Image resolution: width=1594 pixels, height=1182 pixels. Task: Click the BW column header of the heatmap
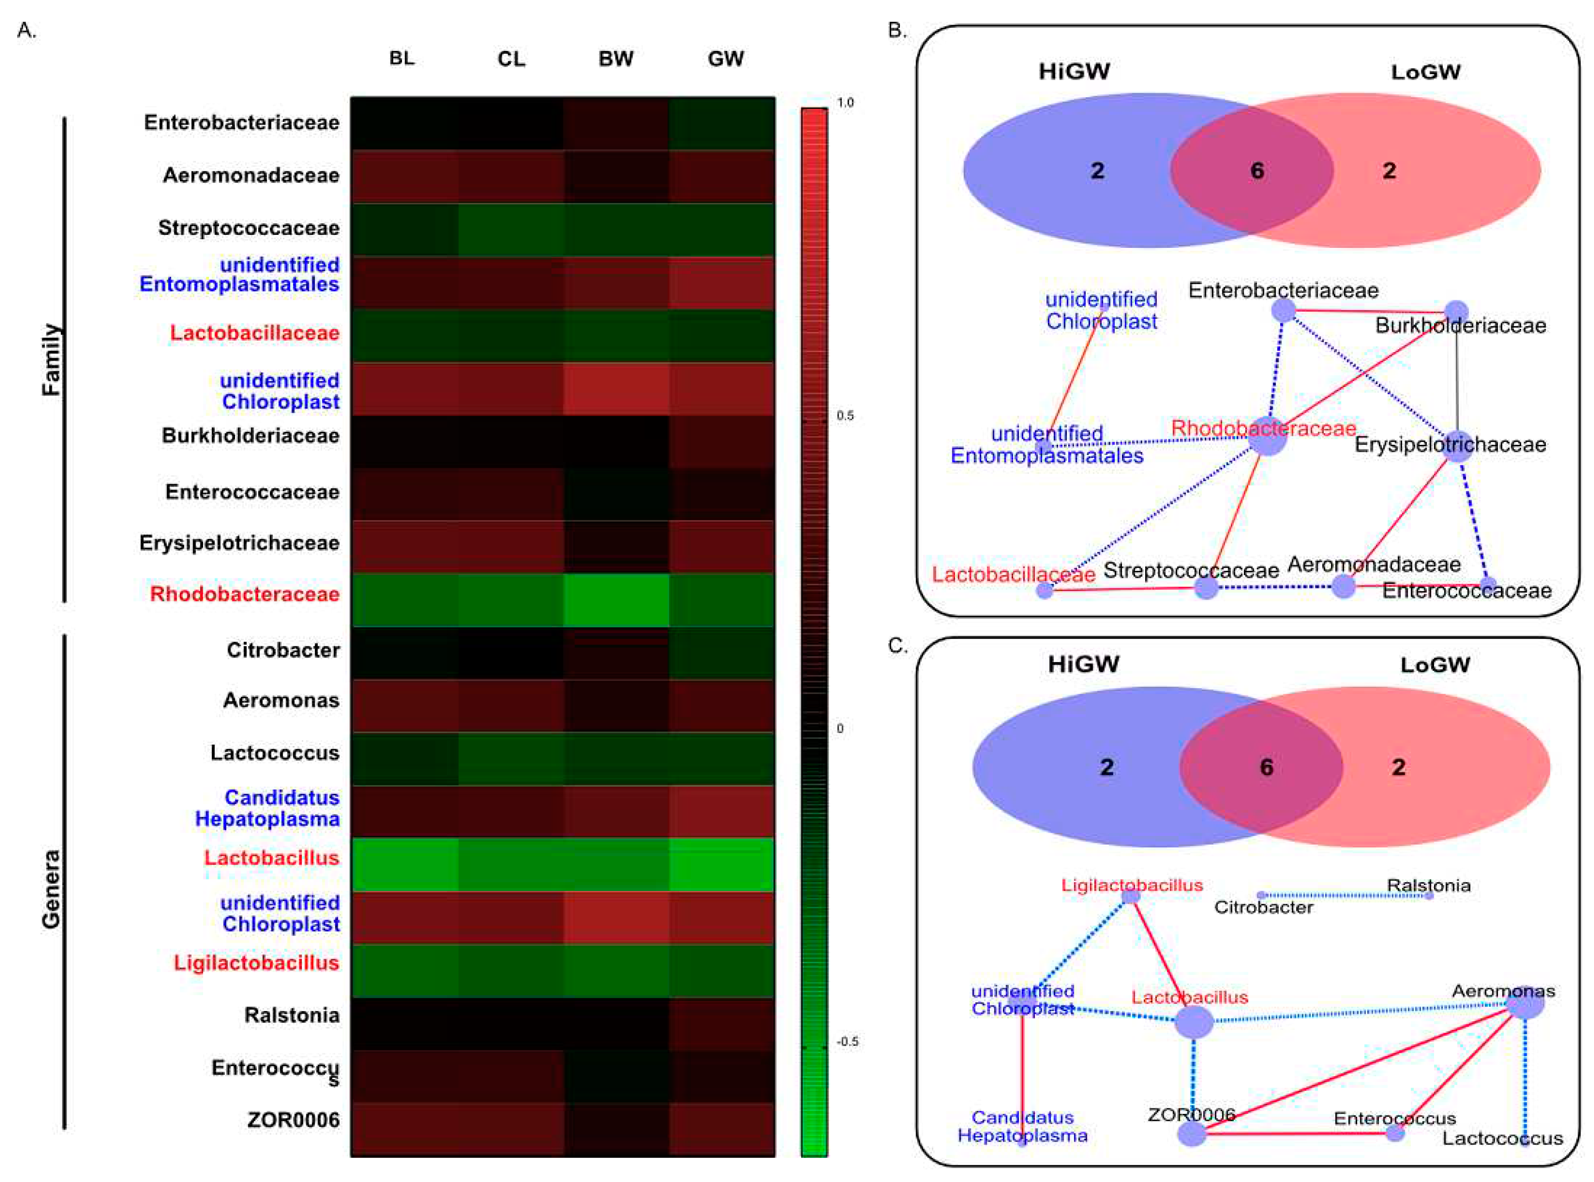[616, 59]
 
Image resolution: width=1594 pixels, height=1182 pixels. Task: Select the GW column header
[725, 59]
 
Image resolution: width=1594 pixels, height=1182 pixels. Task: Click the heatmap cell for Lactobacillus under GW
[721, 864]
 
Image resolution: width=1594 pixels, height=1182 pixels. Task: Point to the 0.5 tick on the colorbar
[845, 416]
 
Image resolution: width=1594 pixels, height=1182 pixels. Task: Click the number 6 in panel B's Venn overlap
[1257, 171]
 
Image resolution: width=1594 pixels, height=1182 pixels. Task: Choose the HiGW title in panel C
[1083, 664]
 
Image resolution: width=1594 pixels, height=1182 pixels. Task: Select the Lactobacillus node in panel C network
[1194, 1022]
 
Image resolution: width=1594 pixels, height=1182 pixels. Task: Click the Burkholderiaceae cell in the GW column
[721, 442]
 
